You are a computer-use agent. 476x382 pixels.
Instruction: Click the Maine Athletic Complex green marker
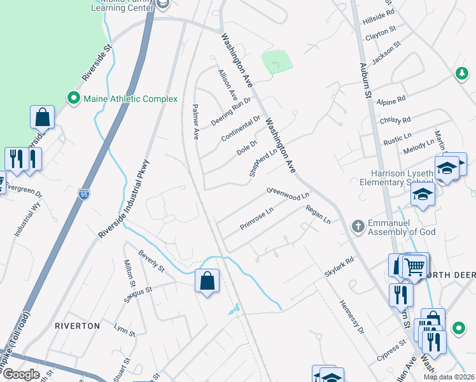point(73,99)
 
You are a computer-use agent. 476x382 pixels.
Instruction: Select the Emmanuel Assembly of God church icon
point(358,226)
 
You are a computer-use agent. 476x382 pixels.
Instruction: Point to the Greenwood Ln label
point(288,192)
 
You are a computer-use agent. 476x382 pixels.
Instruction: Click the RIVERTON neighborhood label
point(77,325)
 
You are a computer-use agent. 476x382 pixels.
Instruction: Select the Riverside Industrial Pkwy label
point(123,199)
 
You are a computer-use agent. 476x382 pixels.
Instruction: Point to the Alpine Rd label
point(391,101)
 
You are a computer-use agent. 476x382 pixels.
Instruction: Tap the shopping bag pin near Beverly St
point(207,281)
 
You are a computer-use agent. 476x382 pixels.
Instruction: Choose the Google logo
point(22,374)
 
